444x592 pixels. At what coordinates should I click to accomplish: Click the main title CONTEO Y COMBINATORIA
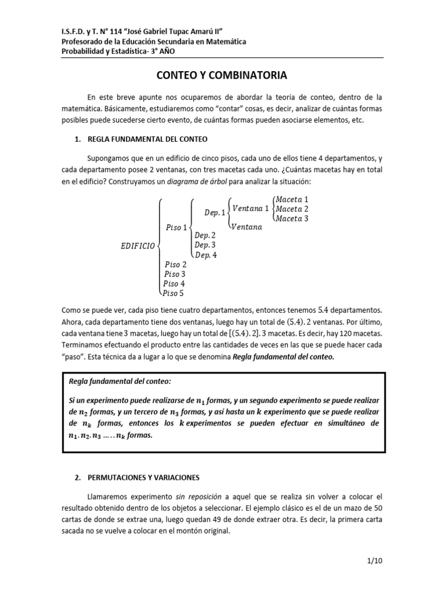pos(223,75)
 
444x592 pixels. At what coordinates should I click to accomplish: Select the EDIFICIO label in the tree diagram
pos(137,246)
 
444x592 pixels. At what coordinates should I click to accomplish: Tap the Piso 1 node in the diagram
pos(177,227)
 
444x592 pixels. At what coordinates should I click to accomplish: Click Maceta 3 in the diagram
pos(292,218)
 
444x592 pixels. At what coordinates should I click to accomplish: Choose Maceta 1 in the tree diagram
pos(292,199)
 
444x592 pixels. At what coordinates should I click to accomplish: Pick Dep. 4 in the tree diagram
pos(205,255)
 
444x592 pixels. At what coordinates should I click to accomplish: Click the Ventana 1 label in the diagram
pos(250,209)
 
